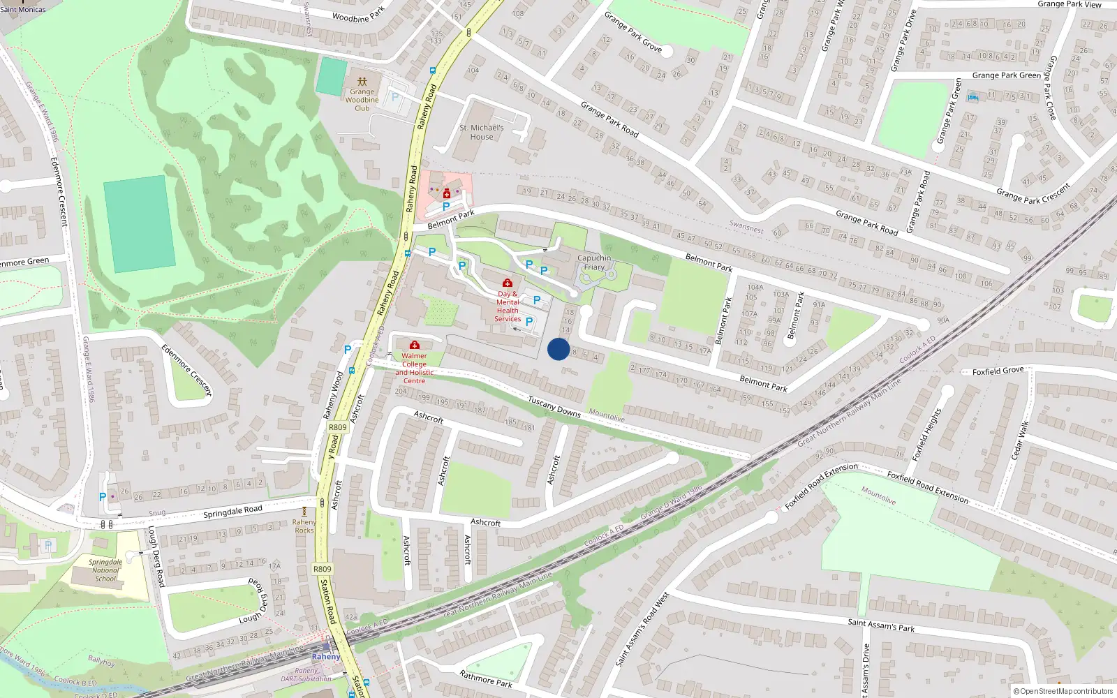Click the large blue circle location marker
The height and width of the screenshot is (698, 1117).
(558, 349)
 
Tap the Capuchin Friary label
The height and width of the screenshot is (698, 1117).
(594, 262)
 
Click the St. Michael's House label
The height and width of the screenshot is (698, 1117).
(481, 132)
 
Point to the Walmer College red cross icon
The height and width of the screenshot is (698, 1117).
(414, 345)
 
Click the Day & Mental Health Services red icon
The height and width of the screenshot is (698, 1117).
(508, 283)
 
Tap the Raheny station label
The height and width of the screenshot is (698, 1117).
(326, 657)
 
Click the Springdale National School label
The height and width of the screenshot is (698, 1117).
(106, 570)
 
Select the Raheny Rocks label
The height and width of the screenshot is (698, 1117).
(304, 526)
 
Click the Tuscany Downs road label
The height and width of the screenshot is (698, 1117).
(554, 406)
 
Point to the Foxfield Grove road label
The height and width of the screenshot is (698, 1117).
(998, 371)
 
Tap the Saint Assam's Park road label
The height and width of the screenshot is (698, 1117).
(881, 625)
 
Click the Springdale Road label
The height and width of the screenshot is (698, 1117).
(232, 511)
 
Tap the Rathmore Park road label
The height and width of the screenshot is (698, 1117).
(486, 678)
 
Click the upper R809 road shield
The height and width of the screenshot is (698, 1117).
(337, 427)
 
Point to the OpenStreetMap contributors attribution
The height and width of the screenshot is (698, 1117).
(1063, 691)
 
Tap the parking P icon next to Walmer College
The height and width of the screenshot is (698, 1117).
(348, 350)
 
